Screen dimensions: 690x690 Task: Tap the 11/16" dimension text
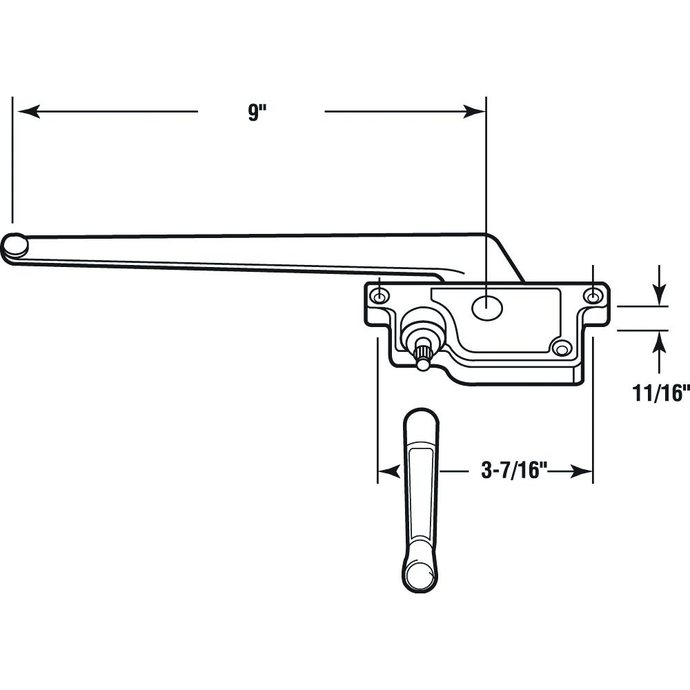(x=660, y=393)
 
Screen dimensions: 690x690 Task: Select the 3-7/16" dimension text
(x=513, y=471)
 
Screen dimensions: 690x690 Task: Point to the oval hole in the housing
(x=486, y=308)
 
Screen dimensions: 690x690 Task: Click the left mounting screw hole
(x=379, y=297)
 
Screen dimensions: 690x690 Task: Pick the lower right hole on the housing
(x=560, y=350)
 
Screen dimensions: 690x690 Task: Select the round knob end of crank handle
(x=420, y=575)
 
